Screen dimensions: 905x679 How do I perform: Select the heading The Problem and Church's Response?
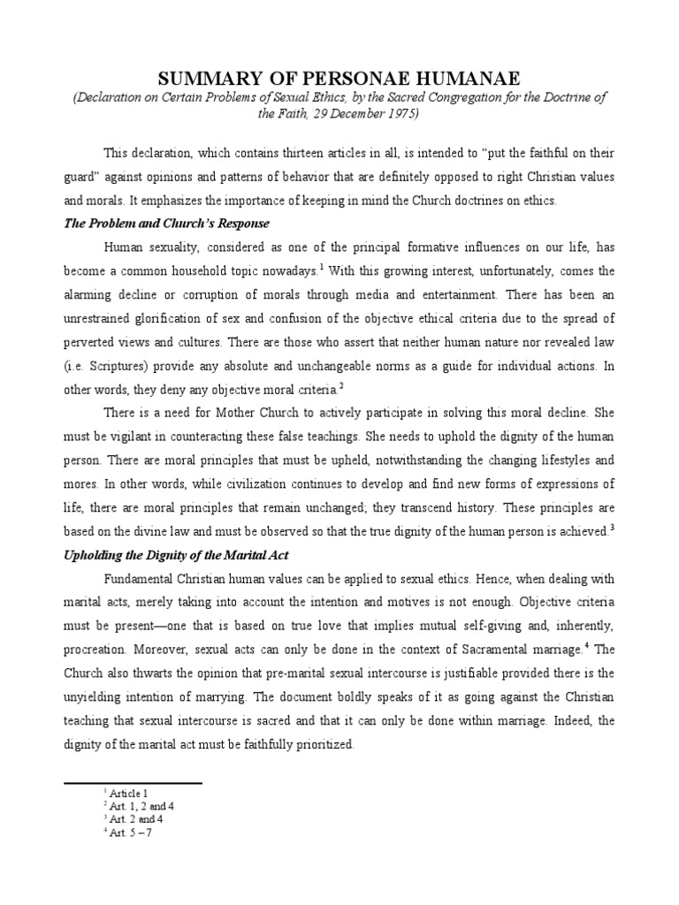point(166,224)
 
